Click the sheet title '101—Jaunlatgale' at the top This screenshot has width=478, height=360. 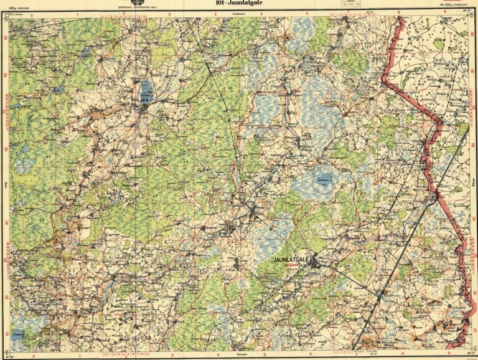pos(238,3)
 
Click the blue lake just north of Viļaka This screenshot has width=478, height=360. pos(146,87)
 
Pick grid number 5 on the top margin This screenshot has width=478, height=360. pos(264,12)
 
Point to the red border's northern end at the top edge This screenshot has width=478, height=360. pos(399,18)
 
